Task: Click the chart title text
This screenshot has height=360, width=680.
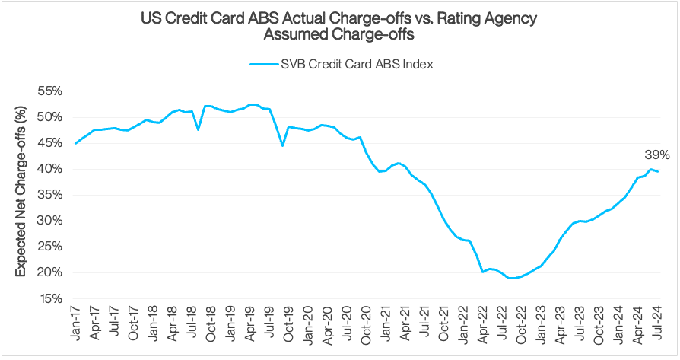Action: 340,25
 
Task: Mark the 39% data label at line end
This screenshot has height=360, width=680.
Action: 656,155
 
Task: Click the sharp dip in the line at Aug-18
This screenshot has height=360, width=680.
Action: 198,129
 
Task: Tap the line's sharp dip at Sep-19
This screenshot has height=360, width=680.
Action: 282,145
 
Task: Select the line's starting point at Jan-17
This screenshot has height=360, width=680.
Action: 75,143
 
